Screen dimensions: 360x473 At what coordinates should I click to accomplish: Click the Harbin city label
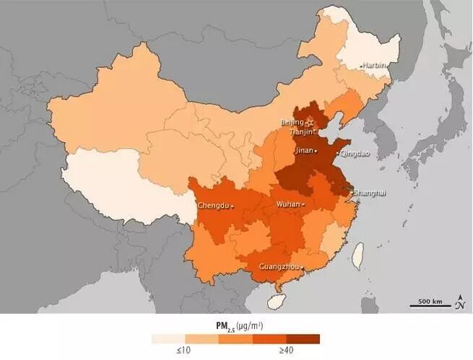[374, 66]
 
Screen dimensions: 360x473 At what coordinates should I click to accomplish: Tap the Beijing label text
[292, 123]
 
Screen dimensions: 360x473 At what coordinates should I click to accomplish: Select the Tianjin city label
[300, 132]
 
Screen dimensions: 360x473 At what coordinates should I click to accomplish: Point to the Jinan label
[304, 152]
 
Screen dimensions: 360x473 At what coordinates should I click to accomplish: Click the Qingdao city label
[355, 153]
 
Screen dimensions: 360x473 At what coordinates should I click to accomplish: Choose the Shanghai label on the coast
[370, 193]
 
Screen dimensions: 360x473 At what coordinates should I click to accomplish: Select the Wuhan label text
[288, 205]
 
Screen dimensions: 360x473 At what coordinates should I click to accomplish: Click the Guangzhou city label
[279, 267]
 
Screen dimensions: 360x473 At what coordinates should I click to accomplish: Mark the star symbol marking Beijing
[311, 124]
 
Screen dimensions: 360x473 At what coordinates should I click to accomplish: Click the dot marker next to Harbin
[361, 66]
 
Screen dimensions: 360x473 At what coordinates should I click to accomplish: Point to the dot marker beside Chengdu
[233, 207]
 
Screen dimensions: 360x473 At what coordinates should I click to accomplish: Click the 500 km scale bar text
[431, 300]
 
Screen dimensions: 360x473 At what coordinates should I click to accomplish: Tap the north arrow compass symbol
[459, 302]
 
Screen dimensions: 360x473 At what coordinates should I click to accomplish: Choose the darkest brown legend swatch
[303, 338]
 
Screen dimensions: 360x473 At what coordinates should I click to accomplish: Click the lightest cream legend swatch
[168, 338]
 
